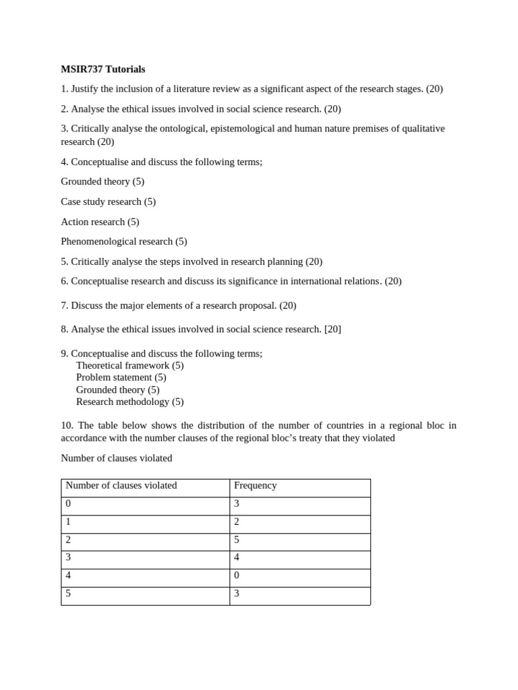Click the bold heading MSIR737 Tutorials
coord(103,69)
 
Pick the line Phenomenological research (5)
coord(123,241)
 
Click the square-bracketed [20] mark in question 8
coord(333,329)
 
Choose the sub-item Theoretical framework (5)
coord(129,365)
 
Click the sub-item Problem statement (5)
coord(121,377)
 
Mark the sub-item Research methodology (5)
coord(129,402)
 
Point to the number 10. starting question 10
coord(67,425)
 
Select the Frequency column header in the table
coord(255,486)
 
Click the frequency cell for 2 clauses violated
coord(237,540)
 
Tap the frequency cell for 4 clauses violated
coord(237,576)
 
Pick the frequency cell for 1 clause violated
coord(237,522)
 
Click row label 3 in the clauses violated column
coord(67,558)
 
